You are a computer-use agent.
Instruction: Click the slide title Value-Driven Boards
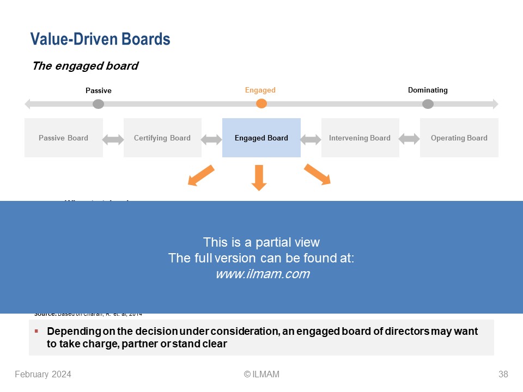click(100, 39)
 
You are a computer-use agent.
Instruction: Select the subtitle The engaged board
click(85, 66)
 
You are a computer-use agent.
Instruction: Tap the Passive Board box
click(63, 138)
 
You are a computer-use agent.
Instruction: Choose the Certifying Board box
click(162, 138)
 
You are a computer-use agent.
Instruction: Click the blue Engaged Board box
click(261, 138)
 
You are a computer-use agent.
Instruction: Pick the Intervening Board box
click(360, 138)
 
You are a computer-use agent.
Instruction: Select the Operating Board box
click(459, 138)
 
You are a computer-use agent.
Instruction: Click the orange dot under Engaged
click(261, 103)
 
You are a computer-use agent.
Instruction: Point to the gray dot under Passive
click(98, 103)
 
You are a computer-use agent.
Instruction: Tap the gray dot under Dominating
click(428, 103)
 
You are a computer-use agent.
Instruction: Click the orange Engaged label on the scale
click(260, 90)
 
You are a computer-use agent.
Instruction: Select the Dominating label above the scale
click(428, 90)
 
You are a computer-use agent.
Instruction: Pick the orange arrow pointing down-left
click(200, 175)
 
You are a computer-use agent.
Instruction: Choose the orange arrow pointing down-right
click(318, 174)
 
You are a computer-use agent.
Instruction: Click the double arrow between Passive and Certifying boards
click(113, 139)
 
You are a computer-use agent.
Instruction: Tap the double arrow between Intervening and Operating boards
click(409, 139)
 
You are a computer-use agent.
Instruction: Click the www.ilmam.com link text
click(262, 274)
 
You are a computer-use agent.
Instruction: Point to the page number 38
click(503, 374)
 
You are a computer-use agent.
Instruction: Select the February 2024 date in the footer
click(43, 374)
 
